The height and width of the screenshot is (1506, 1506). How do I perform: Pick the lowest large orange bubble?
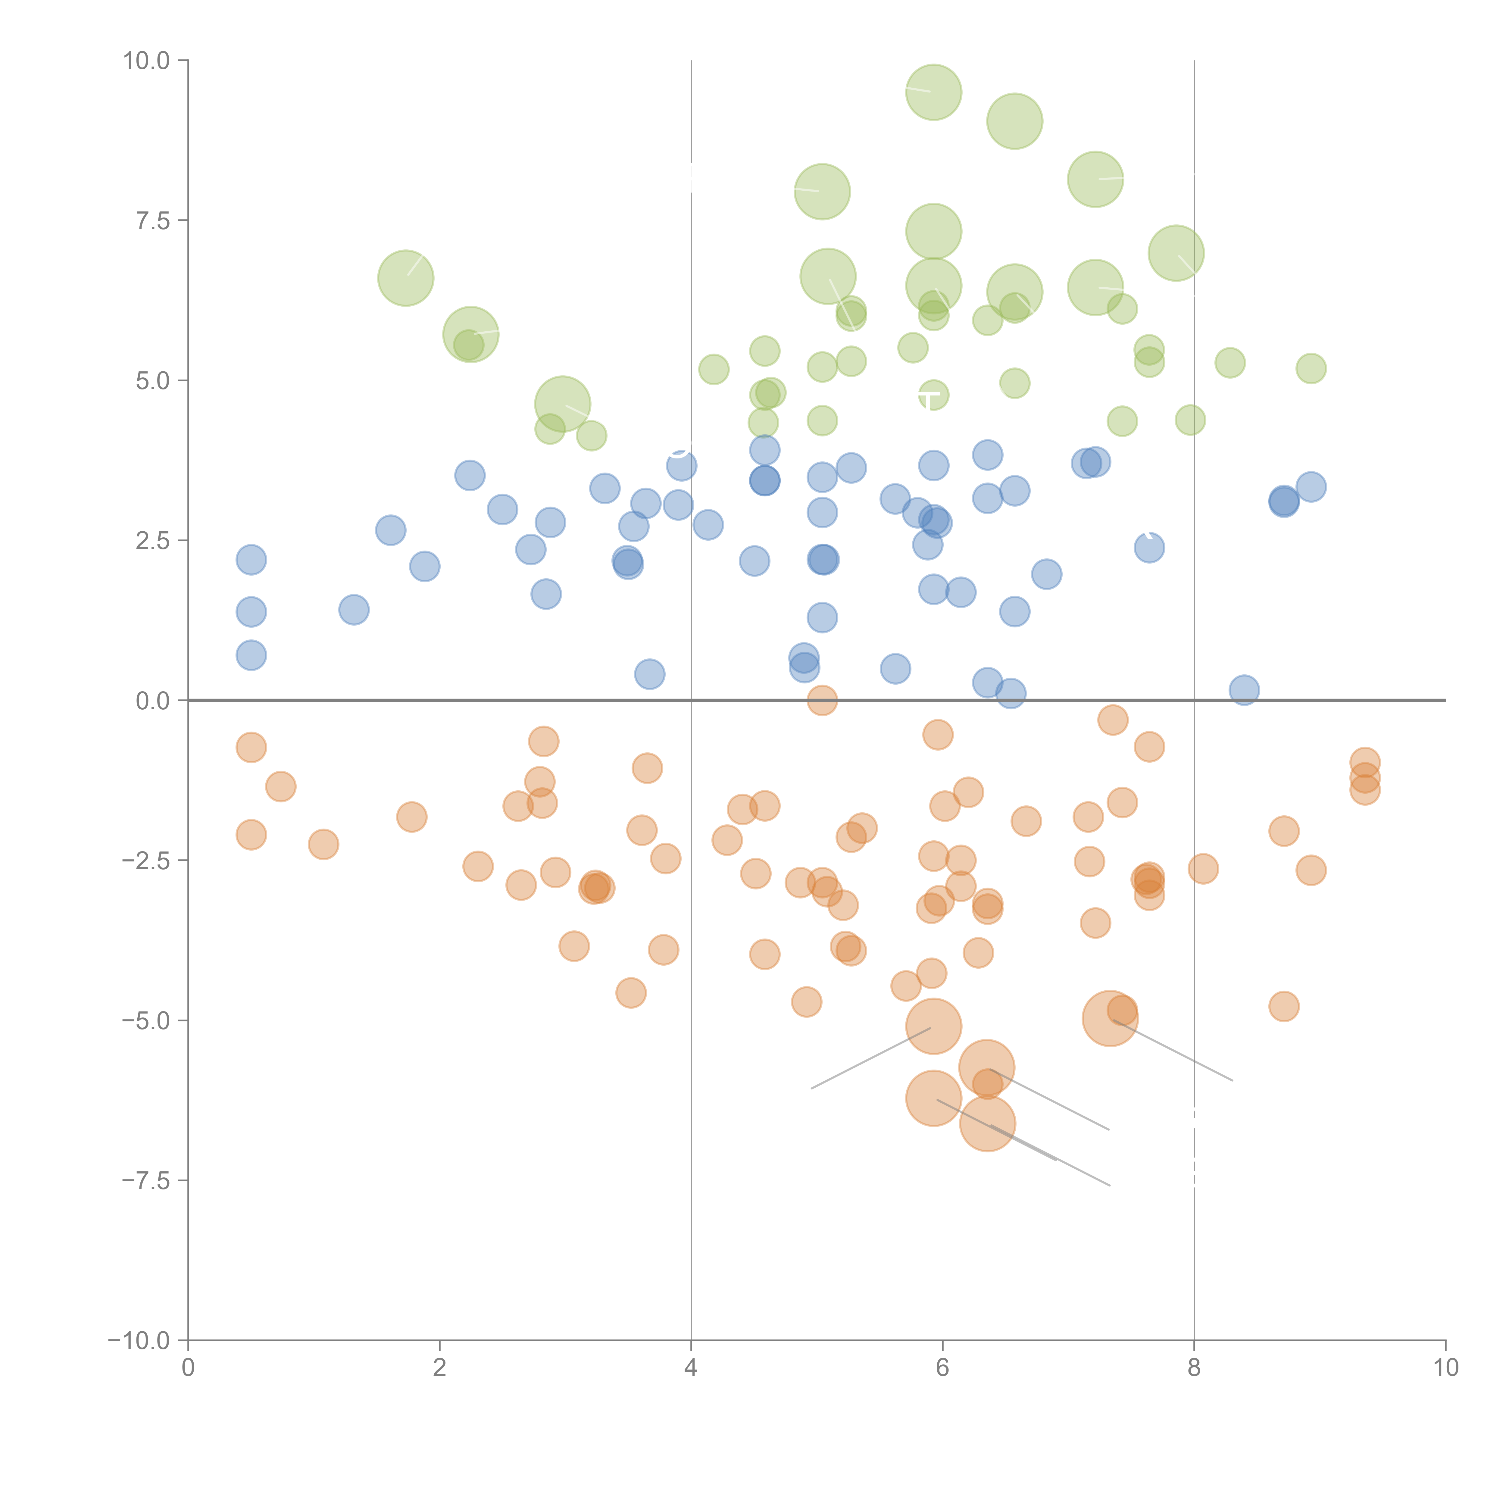point(987,1124)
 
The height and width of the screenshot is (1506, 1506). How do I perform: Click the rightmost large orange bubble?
point(1109,1018)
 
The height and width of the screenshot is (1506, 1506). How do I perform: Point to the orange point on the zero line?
point(822,700)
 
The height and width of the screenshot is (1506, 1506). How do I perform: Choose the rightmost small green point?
point(1311,368)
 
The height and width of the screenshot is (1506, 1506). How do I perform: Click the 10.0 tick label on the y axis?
point(147,61)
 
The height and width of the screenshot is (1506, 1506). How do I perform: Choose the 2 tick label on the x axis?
point(440,1368)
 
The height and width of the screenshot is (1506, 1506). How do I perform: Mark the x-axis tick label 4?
point(691,1368)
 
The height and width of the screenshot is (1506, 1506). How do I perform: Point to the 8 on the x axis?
point(1193,1368)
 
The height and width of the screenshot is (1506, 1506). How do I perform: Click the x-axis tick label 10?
point(1445,1368)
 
